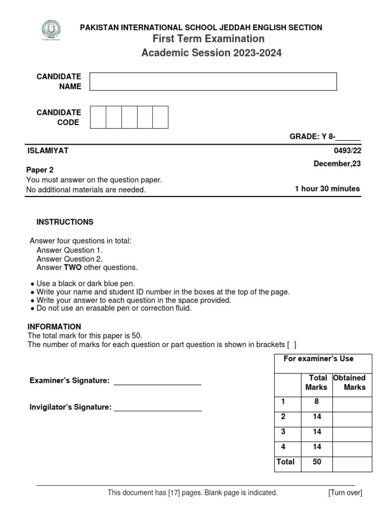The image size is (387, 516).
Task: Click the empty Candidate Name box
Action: [x=213, y=82]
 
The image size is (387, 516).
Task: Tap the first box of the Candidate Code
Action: [x=98, y=117]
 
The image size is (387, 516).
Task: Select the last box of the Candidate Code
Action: [x=160, y=117]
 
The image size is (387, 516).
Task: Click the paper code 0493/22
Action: [x=349, y=151]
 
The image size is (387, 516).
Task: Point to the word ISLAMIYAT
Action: [x=47, y=151]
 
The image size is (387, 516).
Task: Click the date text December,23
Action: [x=337, y=163]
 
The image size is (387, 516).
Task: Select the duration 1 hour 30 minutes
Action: [x=327, y=189]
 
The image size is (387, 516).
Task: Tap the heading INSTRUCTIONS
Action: [x=65, y=222]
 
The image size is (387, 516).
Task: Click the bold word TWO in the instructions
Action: [x=73, y=268]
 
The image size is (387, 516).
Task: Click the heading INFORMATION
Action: [x=54, y=327]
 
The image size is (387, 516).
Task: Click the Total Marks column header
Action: [x=316, y=382]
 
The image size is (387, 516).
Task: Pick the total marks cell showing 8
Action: [x=316, y=402]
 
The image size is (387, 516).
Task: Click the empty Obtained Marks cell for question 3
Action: [x=352, y=432]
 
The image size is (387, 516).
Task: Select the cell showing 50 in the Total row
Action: [x=316, y=462]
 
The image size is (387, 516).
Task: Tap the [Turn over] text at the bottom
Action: [x=345, y=493]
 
